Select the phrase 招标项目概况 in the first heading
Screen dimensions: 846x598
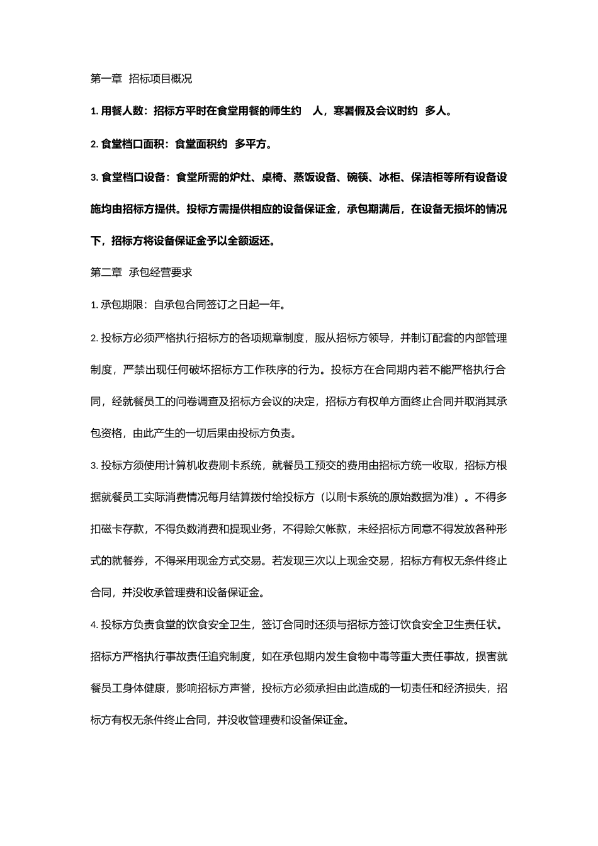click(160, 79)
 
